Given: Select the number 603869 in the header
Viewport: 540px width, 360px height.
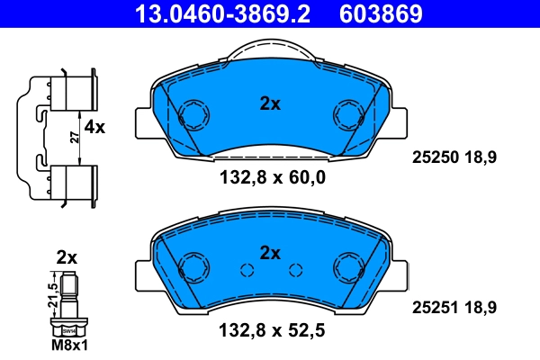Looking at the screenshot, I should coord(379,13).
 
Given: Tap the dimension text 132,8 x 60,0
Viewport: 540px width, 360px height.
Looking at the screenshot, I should coord(272,177).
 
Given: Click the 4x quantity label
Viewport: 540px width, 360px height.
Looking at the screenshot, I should coord(94,128).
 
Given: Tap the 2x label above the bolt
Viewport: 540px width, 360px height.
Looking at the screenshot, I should coord(67,256).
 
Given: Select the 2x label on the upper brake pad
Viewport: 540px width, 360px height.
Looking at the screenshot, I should coord(270,103).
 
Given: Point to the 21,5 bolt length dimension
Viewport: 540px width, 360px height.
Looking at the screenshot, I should coord(52,293).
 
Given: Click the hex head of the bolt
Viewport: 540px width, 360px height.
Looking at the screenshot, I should coord(68,330).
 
